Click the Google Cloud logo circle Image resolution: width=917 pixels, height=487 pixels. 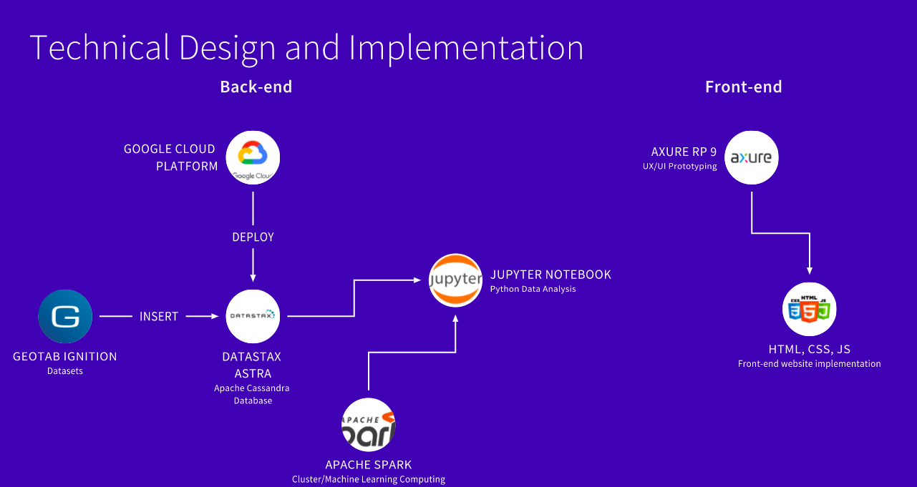click(x=253, y=157)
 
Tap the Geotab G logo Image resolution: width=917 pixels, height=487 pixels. click(x=65, y=316)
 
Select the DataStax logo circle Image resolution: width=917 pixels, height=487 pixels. click(x=253, y=316)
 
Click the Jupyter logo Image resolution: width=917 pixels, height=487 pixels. click(x=455, y=280)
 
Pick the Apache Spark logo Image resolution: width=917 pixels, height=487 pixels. click(x=369, y=425)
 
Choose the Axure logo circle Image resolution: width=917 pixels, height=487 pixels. click(x=752, y=157)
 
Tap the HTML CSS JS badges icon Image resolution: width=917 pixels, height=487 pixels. click(x=810, y=309)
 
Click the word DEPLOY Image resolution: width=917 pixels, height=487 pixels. click(x=253, y=237)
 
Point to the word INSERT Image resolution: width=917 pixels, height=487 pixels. click(x=159, y=317)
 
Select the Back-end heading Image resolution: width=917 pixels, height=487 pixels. click(x=256, y=87)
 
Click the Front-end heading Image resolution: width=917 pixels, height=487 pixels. click(x=744, y=87)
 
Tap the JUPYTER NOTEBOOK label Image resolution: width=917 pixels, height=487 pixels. click(x=550, y=275)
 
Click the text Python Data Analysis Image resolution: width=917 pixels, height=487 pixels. click(x=533, y=289)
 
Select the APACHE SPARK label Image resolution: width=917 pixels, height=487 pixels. click(x=369, y=465)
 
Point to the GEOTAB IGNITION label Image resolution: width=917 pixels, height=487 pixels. click(x=65, y=357)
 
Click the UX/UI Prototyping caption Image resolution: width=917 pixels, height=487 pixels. click(x=679, y=167)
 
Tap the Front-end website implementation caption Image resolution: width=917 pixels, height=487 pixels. click(x=810, y=364)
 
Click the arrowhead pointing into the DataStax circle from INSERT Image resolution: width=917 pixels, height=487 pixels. click(x=215, y=316)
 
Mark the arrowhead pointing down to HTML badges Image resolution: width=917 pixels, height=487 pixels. click(x=810, y=270)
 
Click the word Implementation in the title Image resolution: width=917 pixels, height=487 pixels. click(x=466, y=48)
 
